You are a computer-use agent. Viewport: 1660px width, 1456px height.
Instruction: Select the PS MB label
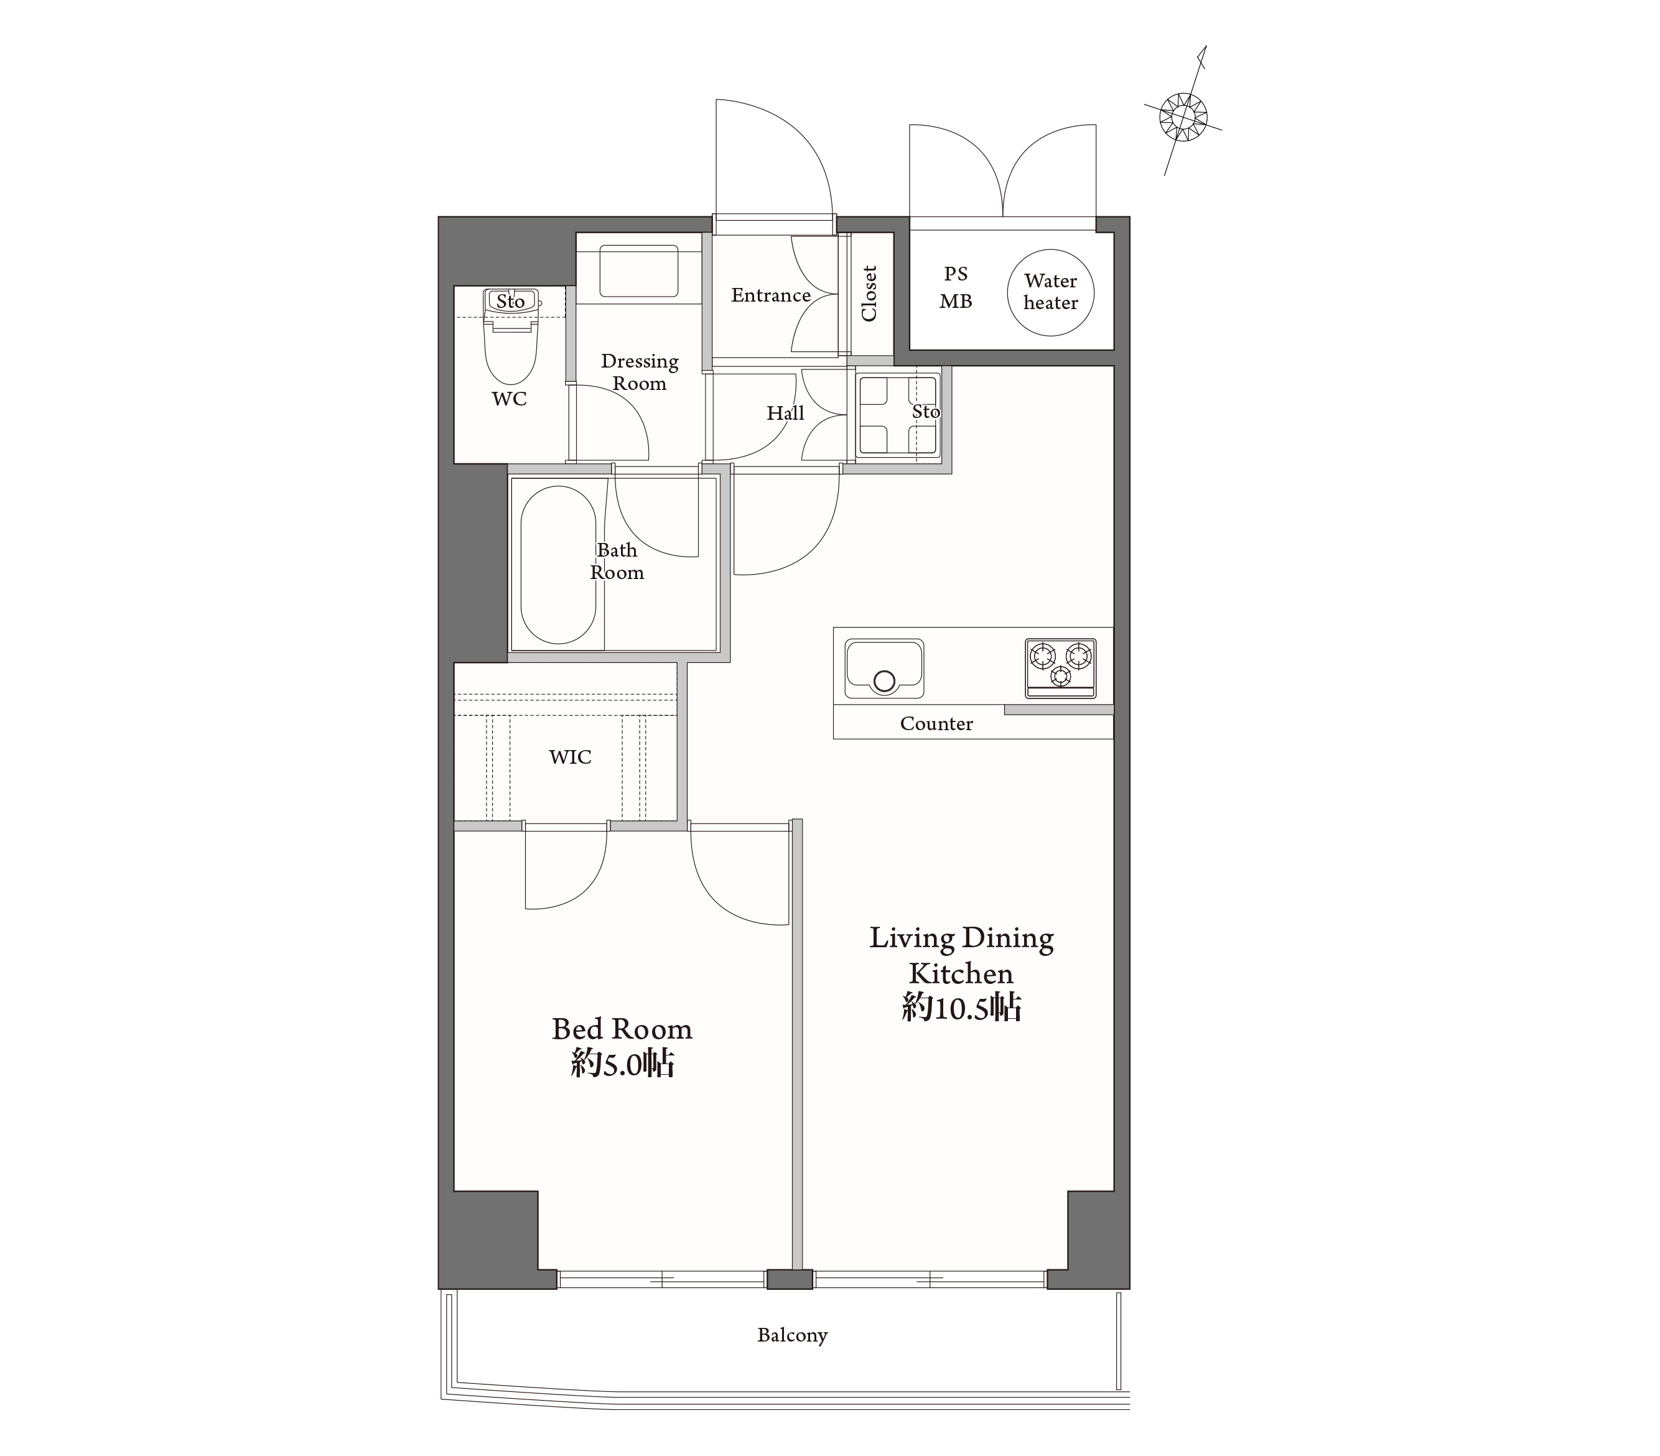tap(956, 287)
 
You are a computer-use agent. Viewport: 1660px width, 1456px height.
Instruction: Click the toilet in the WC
tap(511, 336)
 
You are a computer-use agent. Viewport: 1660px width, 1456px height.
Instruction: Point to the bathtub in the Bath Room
tap(558, 565)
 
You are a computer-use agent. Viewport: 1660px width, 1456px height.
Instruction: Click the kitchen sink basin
tap(884, 669)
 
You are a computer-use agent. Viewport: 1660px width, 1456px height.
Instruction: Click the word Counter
tap(936, 723)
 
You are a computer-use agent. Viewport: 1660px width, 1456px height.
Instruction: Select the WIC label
tap(570, 757)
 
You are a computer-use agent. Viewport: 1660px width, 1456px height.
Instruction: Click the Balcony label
tap(792, 1335)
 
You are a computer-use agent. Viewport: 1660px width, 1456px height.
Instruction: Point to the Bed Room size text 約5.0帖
tap(623, 1063)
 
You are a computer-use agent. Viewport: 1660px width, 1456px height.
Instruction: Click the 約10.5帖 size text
tap(961, 1008)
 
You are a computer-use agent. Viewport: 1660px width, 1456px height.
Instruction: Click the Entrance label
tap(771, 295)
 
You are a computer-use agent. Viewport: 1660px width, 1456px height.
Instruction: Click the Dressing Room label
tap(640, 372)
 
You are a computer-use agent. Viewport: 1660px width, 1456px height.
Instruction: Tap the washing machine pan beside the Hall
tap(898, 415)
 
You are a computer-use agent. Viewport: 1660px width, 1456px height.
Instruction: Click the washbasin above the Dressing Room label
tap(639, 271)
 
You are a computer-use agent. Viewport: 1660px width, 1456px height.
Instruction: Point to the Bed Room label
tap(622, 1029)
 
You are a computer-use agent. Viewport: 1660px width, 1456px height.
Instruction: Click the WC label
tap(509, 399)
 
